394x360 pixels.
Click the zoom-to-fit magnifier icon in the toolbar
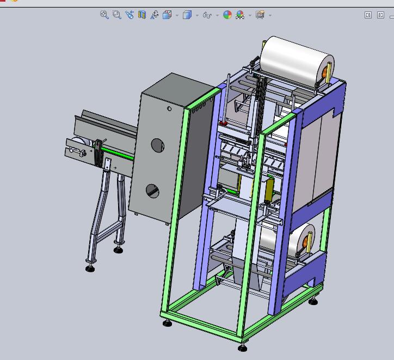(x=104, y=15)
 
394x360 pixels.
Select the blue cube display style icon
(x=187, y=15)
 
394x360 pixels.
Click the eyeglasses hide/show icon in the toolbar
(x=207, y=15)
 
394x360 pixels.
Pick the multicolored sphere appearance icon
(x=227, y=15)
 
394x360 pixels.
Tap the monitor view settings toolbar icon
(x=260, y=15)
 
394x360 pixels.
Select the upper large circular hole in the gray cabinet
(x=157, y=145)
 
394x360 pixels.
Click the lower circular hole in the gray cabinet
(x=153, y=191)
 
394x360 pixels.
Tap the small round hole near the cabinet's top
(x=169, y=109)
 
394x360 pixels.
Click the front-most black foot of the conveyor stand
(x=90, y=267)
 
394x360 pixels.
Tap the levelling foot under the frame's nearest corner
(x=243, y=347)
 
